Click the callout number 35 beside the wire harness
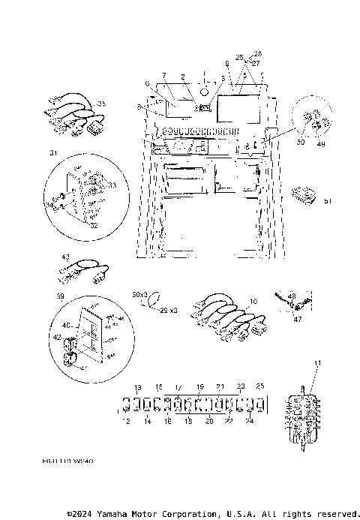[102, 103]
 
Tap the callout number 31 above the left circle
[52, 153]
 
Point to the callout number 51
[327, 200]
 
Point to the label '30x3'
[140, 295]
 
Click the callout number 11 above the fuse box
[316, 363]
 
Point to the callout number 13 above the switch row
[137, 387]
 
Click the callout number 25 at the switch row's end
[260, 386]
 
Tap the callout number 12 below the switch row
[126, 422]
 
